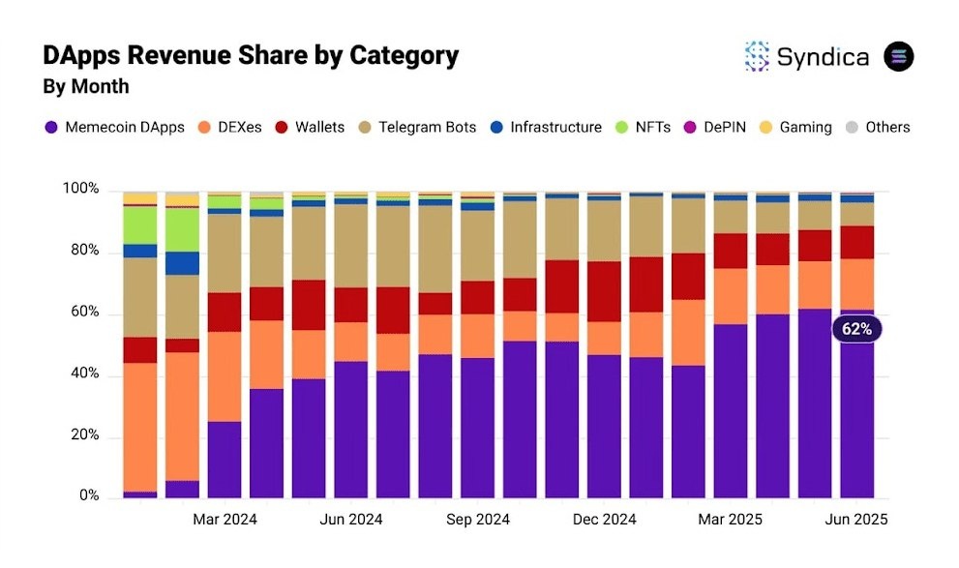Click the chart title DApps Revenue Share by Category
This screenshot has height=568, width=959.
251,56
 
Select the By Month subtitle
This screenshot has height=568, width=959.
86,87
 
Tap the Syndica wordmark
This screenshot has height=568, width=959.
823,56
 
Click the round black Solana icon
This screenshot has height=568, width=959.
899,56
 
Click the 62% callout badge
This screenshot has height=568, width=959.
856,329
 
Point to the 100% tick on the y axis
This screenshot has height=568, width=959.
81,189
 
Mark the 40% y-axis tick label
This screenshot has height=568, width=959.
85,374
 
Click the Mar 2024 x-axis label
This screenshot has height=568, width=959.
225,520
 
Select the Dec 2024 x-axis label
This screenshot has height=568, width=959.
605,520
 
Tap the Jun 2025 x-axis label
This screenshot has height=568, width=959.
855,520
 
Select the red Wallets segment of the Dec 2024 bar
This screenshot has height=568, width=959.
605,291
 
